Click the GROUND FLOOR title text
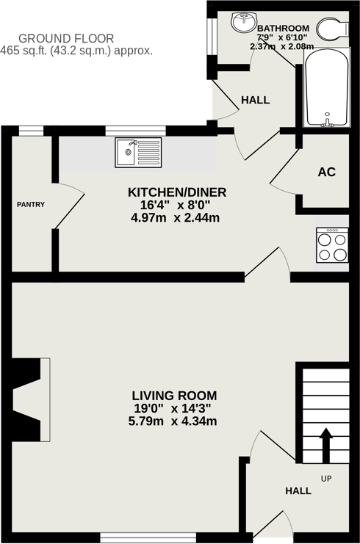click(x=66, y=38)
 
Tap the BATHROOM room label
click(x=283, y=28)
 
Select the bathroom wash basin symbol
click(x=242, y=23)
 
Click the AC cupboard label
click(x=326, y=172)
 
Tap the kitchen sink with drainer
click(x=137, y=153)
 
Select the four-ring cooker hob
click(x=331, y=245)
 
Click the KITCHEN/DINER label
click(x=177, y=192)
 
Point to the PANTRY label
click(x=31, y=205)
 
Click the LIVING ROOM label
click(x=174, y=396)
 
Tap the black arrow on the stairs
click(x=325, y=445)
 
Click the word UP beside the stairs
click(x=326, y=479)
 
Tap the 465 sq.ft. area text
click(x=76, y=51)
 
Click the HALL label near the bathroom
click(x=255, y=100)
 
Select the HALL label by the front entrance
click(x=298, y=490)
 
